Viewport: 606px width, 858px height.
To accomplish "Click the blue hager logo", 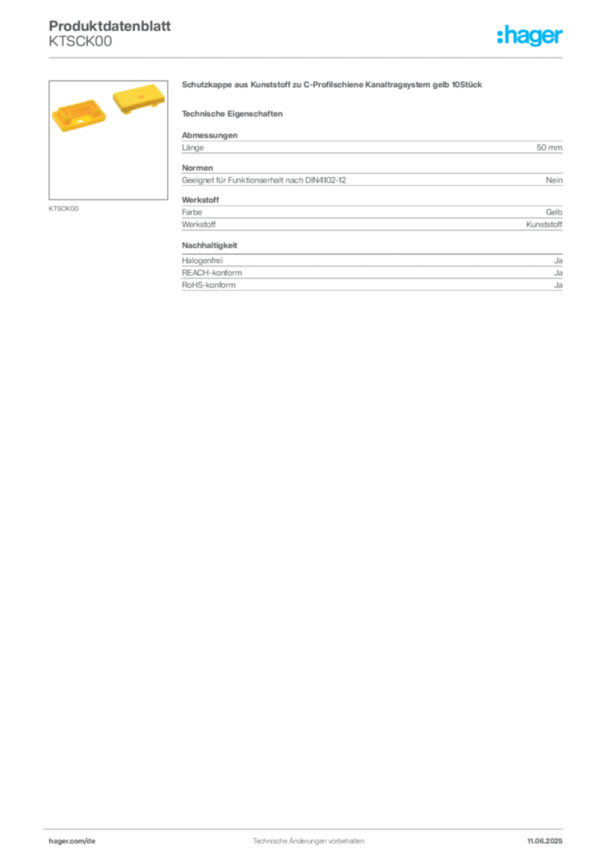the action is coord(532,37).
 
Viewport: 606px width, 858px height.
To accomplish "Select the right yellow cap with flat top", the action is coord(136,101).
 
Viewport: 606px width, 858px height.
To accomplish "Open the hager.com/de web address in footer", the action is coord(73,837).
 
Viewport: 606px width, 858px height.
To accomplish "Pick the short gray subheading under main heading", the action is coord(234,114).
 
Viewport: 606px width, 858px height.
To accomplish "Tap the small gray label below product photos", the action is coord(64,208).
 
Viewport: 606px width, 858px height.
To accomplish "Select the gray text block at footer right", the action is coord(549,836).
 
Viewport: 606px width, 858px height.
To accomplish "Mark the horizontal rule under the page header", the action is coord(308,57).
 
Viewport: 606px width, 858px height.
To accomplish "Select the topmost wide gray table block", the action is coord(372,146).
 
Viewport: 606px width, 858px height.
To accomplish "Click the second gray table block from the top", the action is coord(372,177).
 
